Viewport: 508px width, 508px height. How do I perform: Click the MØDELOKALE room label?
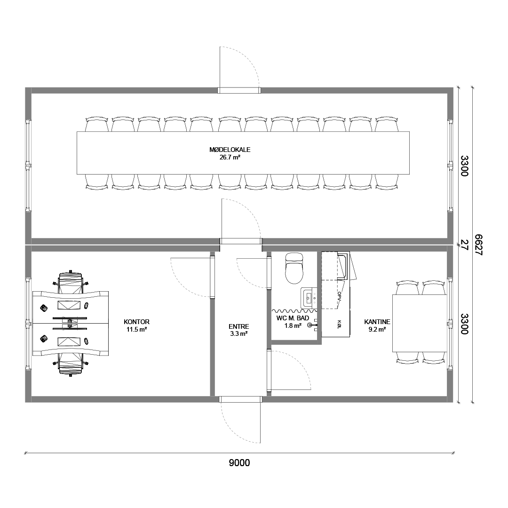pyautogui.click(x=230, y=150)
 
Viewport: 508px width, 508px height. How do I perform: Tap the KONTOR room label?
pyautogui.click(x=136, y=322)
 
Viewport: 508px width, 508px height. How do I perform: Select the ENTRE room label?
pyautogui.click(x=239, y=326)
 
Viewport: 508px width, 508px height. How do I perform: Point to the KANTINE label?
pyautogui.click(x=377, y=322)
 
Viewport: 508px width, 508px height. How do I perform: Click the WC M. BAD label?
pyautogui.click(x=293, y=318)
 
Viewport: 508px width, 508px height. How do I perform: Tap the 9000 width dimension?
pyautogui.click(x=239, y=463)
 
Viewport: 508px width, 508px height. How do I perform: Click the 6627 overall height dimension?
pyautogui.click(x=478, y=245)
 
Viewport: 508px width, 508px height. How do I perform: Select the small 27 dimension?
pyautogui.click(x=465, y=245)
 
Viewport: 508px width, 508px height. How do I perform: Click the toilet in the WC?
pyautogui.click(x=294, y=268)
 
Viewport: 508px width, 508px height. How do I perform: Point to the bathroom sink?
pyautogui.click(x=309, y=298)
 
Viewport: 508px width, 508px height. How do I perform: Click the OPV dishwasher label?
pyautogui.click(x=339, y=296)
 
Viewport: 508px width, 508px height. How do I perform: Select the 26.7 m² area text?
pyautogui.click(x=230, y=158)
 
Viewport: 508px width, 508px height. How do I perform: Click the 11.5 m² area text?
pyautogui.click(x=137, y=329)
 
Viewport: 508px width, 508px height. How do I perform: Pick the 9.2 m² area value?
pyautogui.click(x=377, y=329)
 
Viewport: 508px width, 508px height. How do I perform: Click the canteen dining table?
pyautogui.click(x=420, y=323)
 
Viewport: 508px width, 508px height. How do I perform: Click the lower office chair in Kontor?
pyautogui.click(x=70, y=364)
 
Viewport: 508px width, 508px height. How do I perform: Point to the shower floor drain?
pyautogui.click(x=310, y=325)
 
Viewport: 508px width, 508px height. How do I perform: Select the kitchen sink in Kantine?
pyautogui.click(x=343, y=266)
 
